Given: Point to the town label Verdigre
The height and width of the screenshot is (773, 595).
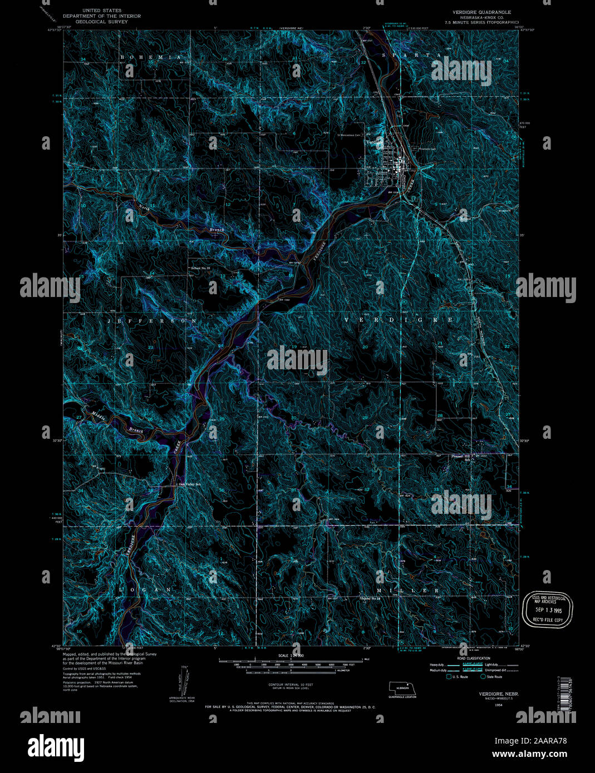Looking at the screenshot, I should click(374, 142).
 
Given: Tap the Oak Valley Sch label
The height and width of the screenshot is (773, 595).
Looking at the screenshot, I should click(189, 484).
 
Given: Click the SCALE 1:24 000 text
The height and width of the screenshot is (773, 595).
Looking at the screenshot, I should click(290, 656).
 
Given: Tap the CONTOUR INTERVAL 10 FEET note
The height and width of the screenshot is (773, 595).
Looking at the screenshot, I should click(290, 685).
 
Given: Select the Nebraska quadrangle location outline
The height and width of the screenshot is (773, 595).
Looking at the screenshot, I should click(401, 689).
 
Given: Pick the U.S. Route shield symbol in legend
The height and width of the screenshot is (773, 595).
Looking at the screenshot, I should click(449, 677).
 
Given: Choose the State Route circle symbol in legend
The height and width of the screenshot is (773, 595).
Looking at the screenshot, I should click(483, 677).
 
